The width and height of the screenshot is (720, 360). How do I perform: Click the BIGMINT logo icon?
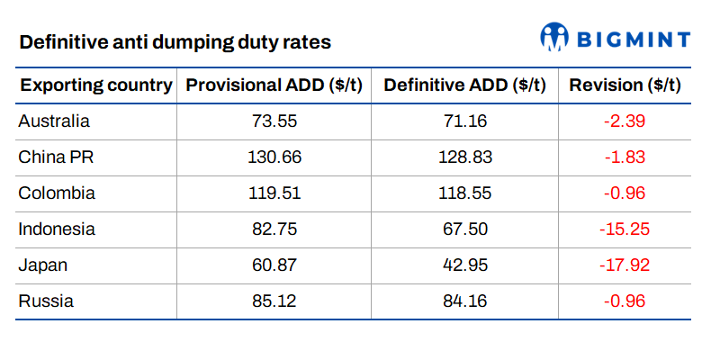tap(554, 36)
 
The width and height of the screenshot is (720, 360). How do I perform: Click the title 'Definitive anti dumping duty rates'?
tap(175, 42)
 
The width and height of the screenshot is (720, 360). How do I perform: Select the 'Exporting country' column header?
tap(96, 85)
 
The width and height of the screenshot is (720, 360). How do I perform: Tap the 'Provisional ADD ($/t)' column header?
tap(274, 85)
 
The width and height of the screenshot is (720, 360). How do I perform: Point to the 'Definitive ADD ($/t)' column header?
tap(464, 85)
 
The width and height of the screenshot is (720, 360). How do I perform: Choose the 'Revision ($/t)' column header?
tap(625, 85)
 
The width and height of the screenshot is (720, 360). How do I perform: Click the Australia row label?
tap(54, 121)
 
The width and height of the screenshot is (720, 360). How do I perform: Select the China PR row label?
tap(56, 157)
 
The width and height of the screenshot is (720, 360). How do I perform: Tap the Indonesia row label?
tap(57, 229)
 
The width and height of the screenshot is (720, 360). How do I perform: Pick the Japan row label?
tap(42, 265)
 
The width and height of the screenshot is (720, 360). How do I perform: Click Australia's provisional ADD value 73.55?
tap(274, 121)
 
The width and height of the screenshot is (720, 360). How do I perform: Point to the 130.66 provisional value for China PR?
tap(274, 157)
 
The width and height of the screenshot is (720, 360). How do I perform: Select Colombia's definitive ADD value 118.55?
tap(464, 193)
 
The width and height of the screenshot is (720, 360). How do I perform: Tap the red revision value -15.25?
tap(625, 229)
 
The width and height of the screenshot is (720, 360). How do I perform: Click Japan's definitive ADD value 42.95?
tap(464, 265)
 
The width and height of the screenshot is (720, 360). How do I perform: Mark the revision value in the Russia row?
tap(625, 301)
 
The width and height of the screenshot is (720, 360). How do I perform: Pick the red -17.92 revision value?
tap(625, 265)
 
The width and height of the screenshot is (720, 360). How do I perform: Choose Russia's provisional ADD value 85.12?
tap(274, 301)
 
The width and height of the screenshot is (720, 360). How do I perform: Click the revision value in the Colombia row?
tap(625, 193)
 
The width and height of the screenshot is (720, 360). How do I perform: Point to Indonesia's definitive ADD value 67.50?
tap(464, 229)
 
